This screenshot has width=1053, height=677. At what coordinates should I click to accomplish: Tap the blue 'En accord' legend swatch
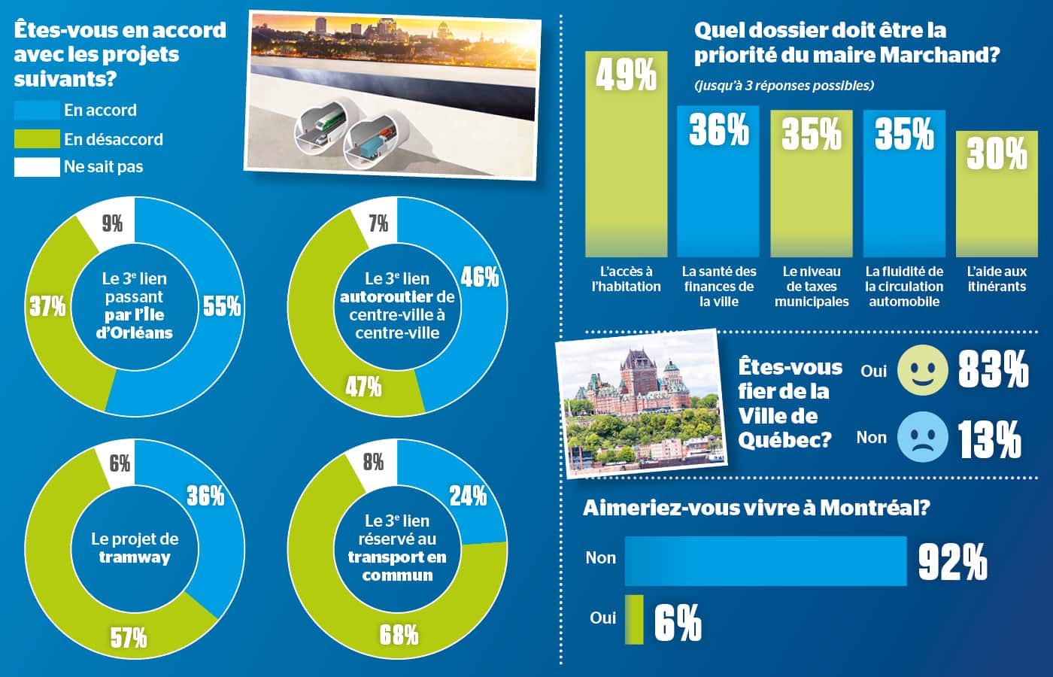tap(37, 111)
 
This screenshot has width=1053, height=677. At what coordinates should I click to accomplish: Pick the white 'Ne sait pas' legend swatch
tap(37, 167)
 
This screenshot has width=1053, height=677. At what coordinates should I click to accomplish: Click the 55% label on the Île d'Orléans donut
tap(222, 306)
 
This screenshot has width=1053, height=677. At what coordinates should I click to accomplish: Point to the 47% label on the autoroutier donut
tap(363, 387)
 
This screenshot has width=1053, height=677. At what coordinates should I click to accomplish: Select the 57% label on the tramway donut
tap(129, 639)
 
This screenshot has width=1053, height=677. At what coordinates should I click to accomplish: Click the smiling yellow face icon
tap(923, 370)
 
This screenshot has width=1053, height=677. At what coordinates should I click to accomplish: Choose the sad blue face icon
tap(923, 437)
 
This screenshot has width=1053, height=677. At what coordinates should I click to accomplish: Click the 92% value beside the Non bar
tap(953, 562)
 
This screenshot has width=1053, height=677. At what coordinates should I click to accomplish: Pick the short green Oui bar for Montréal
tap(634, 620)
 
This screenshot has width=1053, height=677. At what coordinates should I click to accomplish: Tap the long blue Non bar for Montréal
tap(766, 561)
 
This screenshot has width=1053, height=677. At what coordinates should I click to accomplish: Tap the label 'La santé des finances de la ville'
tap(719, 287)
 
